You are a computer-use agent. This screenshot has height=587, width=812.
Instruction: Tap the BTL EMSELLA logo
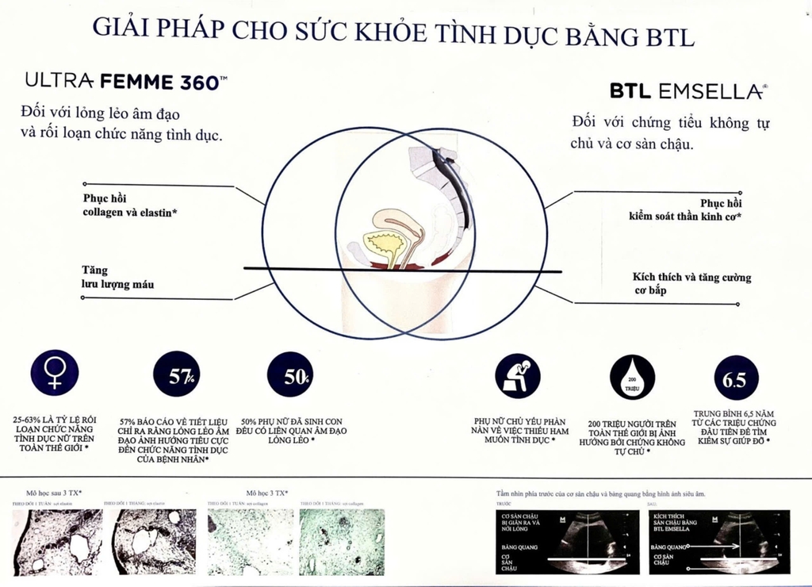tap(688, 92)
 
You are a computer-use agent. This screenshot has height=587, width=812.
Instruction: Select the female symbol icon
tap(54, 373)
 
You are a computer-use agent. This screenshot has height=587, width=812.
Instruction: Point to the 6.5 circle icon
tap(735, 378)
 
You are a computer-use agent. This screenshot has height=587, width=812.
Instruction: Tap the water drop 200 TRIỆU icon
tap(633, 378)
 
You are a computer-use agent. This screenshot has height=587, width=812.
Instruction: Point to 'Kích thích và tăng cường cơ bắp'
tap(691, 283)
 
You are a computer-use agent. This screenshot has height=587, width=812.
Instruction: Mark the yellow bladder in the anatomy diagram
tap(383, 244)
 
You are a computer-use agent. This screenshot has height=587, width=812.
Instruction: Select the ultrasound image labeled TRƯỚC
tap(564, 541)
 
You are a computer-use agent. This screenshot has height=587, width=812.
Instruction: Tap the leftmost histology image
tap(57, 541)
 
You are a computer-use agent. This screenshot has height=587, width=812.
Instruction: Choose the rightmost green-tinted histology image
tap(342, 541)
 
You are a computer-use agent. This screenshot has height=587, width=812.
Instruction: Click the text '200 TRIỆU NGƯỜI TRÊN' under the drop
tap(632, 424)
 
